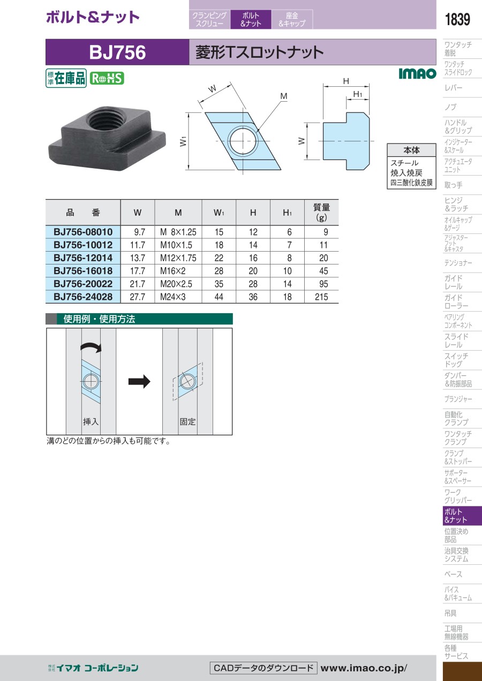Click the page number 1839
(457, 19)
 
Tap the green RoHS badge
(107, 78)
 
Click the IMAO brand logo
(418, 73)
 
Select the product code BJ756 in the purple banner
(117, 52)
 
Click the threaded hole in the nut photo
(106, 119)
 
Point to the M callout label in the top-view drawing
(284, 96)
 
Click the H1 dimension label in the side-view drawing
(358, 94)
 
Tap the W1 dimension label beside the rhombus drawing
(183, 141)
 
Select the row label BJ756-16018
(83, 271)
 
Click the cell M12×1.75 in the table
(178, 258)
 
